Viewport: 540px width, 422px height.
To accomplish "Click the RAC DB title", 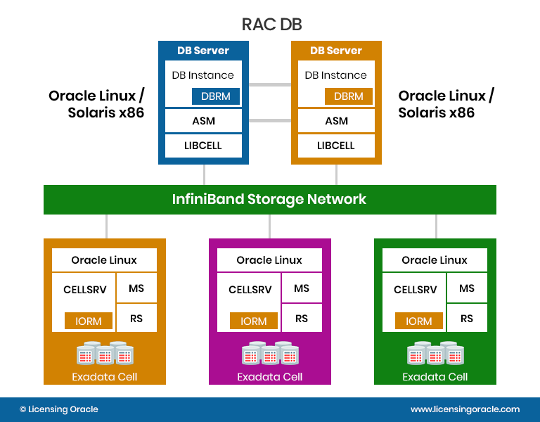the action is pyautogui.click(x=271, y=25).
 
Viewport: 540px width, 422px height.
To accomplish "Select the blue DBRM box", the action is pyautogui.click(x=216, y=96).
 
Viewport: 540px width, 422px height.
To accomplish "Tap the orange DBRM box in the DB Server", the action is pyautogui.click(x=349, y=96).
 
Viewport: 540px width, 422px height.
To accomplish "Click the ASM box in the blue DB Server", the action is pyautogui.click(x=203, y=121).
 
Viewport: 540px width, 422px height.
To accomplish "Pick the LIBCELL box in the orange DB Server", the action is pyautogui.click(x=336, y=146).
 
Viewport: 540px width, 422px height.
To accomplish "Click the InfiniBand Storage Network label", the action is pyautogui.click(x=269, y=199).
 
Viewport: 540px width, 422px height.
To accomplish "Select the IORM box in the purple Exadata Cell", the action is pyautogui.click(x=254, y=321).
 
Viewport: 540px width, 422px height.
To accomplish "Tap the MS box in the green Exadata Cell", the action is pyautogui.click(x=467, y=288).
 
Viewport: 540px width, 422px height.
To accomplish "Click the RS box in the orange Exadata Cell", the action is pyautogui.click(x=136, y=319).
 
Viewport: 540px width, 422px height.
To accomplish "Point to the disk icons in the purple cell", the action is pyautogui.click(x=270, y=353).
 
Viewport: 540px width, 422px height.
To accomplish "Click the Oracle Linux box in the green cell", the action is pyautogui.click(x=435, y=260).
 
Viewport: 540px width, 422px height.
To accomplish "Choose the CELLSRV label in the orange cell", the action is pyautogui.click(x=84, y=290).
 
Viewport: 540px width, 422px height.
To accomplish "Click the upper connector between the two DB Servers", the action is pyautogui.click(x=270, y=84).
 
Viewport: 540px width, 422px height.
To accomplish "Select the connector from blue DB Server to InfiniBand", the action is pyautogui.click(x=204, y=174).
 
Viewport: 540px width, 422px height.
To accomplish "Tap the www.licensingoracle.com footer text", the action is pyautogui.click(x=465, y=409).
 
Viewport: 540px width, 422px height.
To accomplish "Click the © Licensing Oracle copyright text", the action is pyautogui.click(x=59, y=409).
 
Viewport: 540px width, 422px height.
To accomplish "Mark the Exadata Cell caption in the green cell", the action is pyautogui.click(x=435, y=377).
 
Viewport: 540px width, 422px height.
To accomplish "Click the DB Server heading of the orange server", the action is pyautogui.click(x=336, y=51).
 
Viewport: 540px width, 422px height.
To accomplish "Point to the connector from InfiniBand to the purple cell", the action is pyautogui.click(x=270, y=226).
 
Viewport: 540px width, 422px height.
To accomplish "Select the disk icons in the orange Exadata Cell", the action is pyautogui.click(x=105, y=353).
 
